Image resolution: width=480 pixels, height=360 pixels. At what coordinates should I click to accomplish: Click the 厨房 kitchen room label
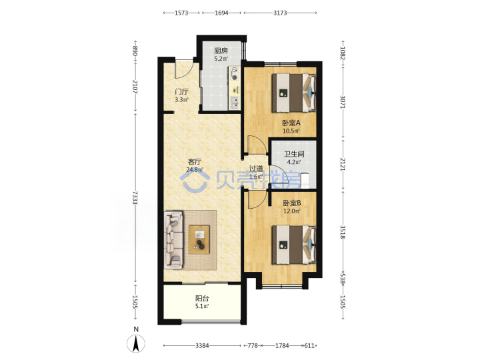(221, 51)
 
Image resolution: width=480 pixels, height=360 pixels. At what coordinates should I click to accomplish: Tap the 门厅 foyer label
(181, 91)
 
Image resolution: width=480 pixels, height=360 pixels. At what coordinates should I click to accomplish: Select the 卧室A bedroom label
(291, 123)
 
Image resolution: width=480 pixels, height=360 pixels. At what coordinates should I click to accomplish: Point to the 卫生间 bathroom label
(294, 154)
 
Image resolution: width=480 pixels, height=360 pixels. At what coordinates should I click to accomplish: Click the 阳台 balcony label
(202, 298)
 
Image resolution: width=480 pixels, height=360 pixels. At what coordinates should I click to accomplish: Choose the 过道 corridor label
(256, 169)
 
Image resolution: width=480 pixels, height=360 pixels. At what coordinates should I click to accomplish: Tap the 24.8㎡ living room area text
(195, 169)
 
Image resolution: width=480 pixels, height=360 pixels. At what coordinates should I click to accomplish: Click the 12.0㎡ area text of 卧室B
(292, 211)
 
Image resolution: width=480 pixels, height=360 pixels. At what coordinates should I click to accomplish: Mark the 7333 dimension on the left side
(135, 198)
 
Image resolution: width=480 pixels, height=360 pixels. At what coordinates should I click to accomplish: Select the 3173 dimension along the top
(280, 13)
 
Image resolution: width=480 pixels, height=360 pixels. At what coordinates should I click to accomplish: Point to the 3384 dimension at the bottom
(202, 345)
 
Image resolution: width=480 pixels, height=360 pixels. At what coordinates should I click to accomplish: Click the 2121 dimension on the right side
(343, 165)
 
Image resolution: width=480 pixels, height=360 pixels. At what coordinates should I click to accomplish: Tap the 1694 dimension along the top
(221, 13)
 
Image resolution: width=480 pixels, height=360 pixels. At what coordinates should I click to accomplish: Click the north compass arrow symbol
(136, 343)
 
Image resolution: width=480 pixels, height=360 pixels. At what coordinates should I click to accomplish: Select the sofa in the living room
(173, 240)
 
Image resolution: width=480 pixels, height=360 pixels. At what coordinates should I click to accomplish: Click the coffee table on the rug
(199, 240)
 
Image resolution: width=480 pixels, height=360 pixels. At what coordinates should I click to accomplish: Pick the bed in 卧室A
(293, 93)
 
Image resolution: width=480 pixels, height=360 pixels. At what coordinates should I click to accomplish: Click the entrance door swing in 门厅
(184, 69)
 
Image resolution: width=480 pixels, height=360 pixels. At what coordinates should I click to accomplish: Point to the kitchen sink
(235, 103)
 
